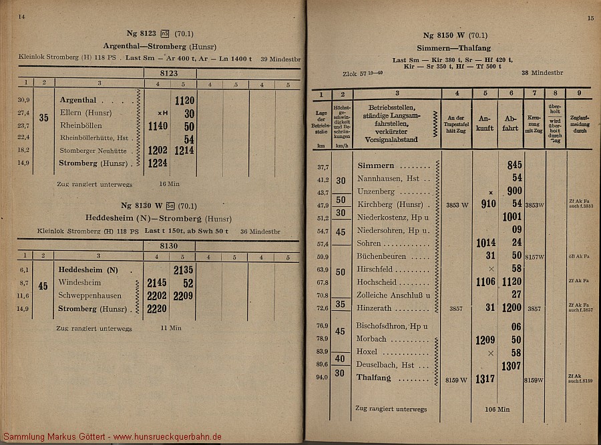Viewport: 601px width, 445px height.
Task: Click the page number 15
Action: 590,19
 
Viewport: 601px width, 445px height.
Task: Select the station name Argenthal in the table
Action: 78,101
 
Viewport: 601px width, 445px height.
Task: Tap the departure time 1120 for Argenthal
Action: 184,101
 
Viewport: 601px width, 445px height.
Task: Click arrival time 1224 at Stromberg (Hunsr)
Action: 158,163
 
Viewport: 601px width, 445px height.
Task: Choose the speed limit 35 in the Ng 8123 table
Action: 44,118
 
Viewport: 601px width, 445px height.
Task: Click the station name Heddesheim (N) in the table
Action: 88,269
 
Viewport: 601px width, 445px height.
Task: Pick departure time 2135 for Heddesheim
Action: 184,270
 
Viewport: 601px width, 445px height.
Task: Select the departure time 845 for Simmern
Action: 514,165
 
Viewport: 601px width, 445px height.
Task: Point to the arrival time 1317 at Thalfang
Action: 485,378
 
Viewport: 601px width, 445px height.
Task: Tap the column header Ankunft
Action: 485,123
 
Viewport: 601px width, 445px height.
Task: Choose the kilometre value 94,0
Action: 323,378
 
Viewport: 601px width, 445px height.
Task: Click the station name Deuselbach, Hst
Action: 385,365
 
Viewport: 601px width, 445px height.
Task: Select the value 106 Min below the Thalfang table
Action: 495,408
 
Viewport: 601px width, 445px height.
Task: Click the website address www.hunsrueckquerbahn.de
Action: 167,437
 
